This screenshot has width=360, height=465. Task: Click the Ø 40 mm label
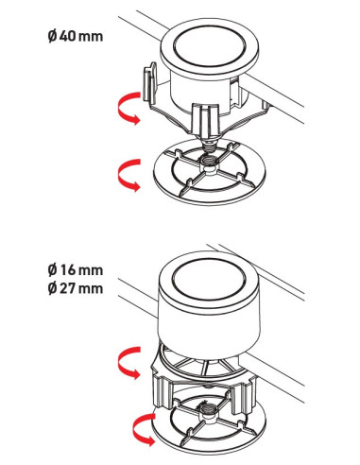click(76, 36)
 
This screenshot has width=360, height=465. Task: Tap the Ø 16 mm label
click(76, 269)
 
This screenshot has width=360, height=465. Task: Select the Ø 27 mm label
click(76, 288)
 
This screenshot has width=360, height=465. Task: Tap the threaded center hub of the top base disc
click(208, 164)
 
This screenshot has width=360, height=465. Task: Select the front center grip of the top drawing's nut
click(205, 120)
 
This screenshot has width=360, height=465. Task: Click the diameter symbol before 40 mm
click(53, 36)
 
